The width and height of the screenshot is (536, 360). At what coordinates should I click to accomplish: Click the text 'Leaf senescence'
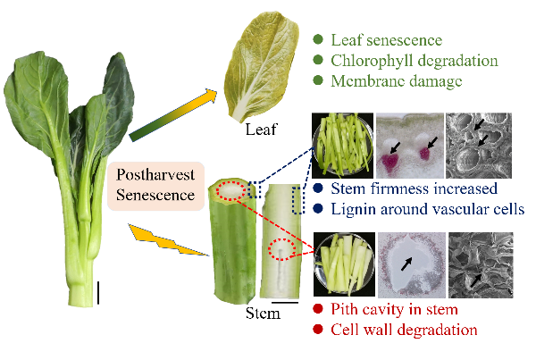pos(386,41)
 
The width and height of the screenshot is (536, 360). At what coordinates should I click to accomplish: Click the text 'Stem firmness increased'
pos(407,188)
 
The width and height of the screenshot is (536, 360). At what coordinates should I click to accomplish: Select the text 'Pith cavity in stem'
pos(393,309)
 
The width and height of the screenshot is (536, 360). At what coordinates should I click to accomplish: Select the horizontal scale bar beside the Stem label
pos(283,303)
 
